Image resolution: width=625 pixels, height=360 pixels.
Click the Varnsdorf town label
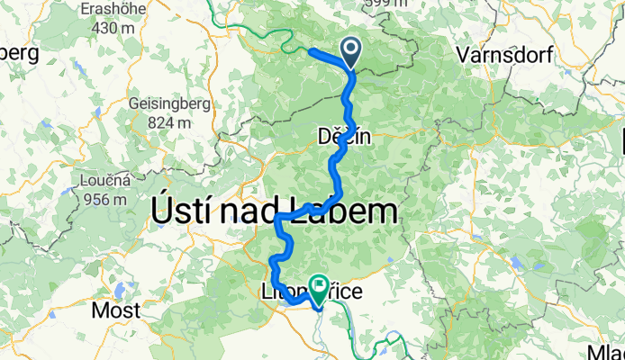pos(498,54)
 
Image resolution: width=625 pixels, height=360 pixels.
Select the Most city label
pos(118,311)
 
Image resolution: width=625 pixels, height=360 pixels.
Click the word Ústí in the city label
pos(181,213)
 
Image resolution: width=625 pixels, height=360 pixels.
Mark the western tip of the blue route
pos(311,51)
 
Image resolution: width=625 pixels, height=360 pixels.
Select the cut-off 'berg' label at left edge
pos(18,53)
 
